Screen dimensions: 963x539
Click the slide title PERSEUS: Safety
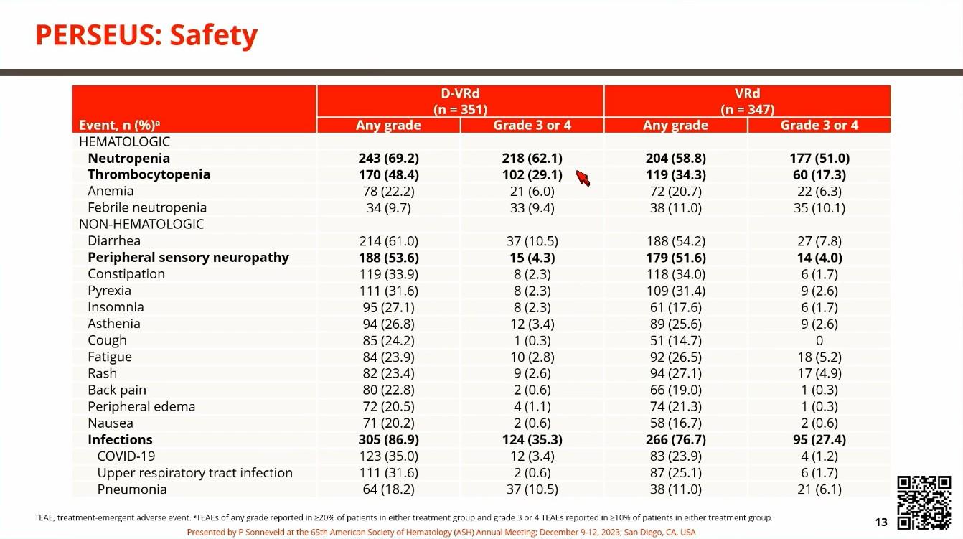pyautogui.click(x=146, y=35)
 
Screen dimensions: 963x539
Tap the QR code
pyautogui.click(x=924, y=502)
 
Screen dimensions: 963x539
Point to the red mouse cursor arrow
pyautogui.click(x=583, y=177)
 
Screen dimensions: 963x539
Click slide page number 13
pyautogui.click(x=881, y=522)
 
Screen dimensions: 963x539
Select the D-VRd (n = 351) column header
pyautogui.click(x=460, y=101)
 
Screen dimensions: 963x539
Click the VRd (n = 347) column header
pyautogui.click(x=747, y=101)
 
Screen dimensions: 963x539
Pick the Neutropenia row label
pyautogui.click(x=128, y=158)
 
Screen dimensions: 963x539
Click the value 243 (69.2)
pyautogui.click(x=389, y=158)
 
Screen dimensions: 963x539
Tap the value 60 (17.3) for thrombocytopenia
pyautogui.click(x=819, y=175)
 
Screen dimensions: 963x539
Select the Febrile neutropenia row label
pyautogui.click(x=147, y=207)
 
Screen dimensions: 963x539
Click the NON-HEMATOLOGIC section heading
pyautogui.click(x=141, y=224)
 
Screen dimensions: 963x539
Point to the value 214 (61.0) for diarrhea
pyautogui.click(x=389, y=241)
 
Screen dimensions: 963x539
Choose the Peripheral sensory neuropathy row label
pyautogui.click(x=188, y=258)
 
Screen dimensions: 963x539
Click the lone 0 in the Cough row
pyautogui.click(x=819, y=340)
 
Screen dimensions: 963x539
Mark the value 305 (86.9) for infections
pyautogui.click(x=389, y=440)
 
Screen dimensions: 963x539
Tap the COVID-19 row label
pyautogui.click(x=126, y=456)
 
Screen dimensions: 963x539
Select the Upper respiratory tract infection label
pyautogui.click(x=194, y=473)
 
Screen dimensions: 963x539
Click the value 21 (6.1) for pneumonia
pyautogui.click(x=819, y=489)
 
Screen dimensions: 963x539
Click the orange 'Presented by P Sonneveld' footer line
pyautogui.click(x=441, y=532)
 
